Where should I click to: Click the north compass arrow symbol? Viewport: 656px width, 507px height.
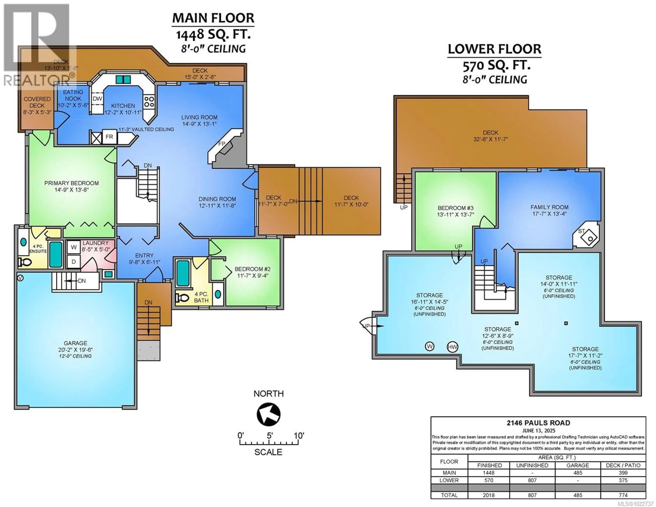coord(268,414)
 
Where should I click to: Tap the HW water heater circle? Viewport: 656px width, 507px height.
coord(452,347)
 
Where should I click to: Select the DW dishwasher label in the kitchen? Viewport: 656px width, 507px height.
coord(97,99)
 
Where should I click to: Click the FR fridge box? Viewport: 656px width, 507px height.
coord(109,137)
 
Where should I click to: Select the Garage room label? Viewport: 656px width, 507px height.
coord(75,343)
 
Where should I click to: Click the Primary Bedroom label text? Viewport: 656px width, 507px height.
coord(71,183)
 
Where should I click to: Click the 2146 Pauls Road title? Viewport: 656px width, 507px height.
coord(538,423)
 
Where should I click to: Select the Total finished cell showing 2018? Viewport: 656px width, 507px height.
coord(489,495)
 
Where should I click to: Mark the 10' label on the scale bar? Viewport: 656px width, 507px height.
coord(299,435)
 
